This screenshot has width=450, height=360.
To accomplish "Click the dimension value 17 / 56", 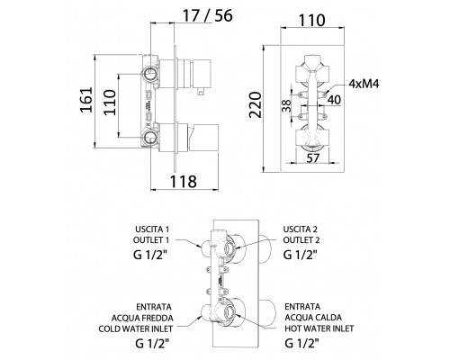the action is (208, 15).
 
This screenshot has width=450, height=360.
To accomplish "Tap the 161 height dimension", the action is (86, 100).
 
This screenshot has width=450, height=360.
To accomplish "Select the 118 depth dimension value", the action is (184, 181).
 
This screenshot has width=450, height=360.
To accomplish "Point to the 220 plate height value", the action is (256, 104).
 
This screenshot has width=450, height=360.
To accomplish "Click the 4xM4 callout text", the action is (364, 84).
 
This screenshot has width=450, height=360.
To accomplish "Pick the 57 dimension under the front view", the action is (313, 157).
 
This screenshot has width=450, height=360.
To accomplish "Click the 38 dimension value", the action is (287, 105).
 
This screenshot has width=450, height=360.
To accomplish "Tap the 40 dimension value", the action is (334, 100).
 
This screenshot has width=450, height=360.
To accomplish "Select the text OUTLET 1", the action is (151, 240).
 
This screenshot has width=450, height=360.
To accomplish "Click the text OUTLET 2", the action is (301, 240).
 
